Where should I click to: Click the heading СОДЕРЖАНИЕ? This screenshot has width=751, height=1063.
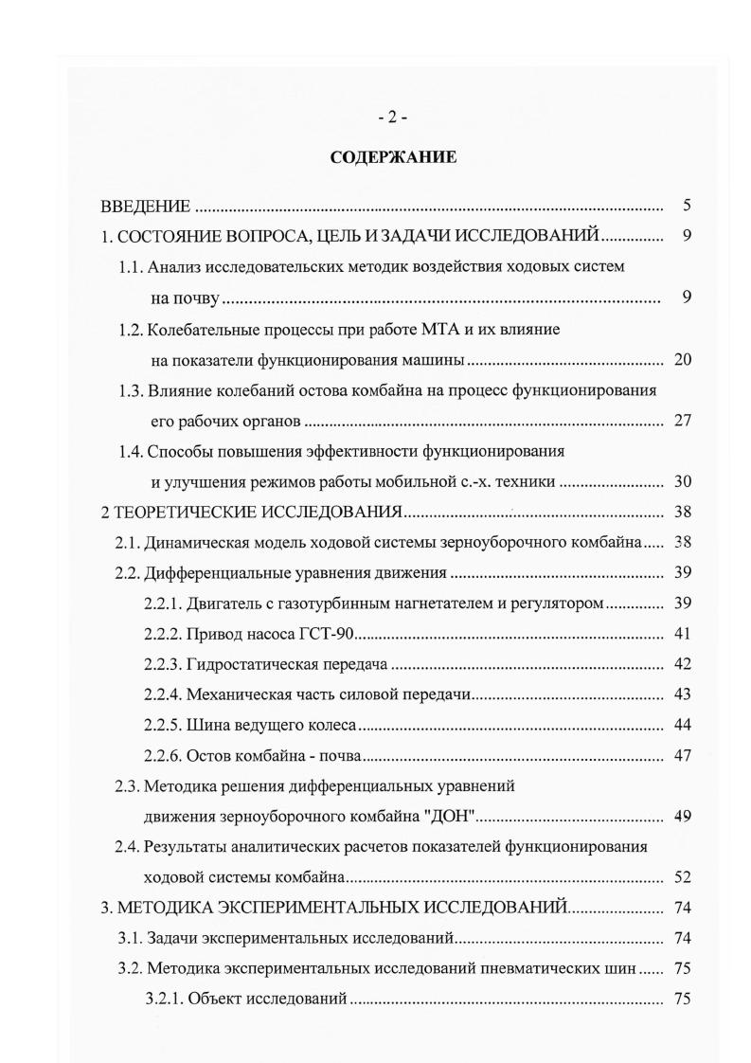pyautogui.click(x=393, y=157)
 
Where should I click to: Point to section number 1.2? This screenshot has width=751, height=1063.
pyautogui.click(x=133, y=330)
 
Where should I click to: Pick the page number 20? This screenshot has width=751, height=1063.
pyautogui.click(x=683, y=360)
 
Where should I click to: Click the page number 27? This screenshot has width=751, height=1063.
pyautogui.click(x=683, y=422)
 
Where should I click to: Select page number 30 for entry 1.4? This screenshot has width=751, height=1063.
pyautogui.click(x=683, y=482)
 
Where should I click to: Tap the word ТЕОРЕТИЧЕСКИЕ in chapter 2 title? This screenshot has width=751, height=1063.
pyautogui.click(x=189, y=513)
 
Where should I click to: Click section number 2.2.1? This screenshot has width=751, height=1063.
pyautogui.click(x=166, y=604)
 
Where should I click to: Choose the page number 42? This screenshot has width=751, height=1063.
pyautogui.click(x=683, y=665)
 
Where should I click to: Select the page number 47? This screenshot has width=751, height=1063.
pyautogui.click(x=683, y=756)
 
